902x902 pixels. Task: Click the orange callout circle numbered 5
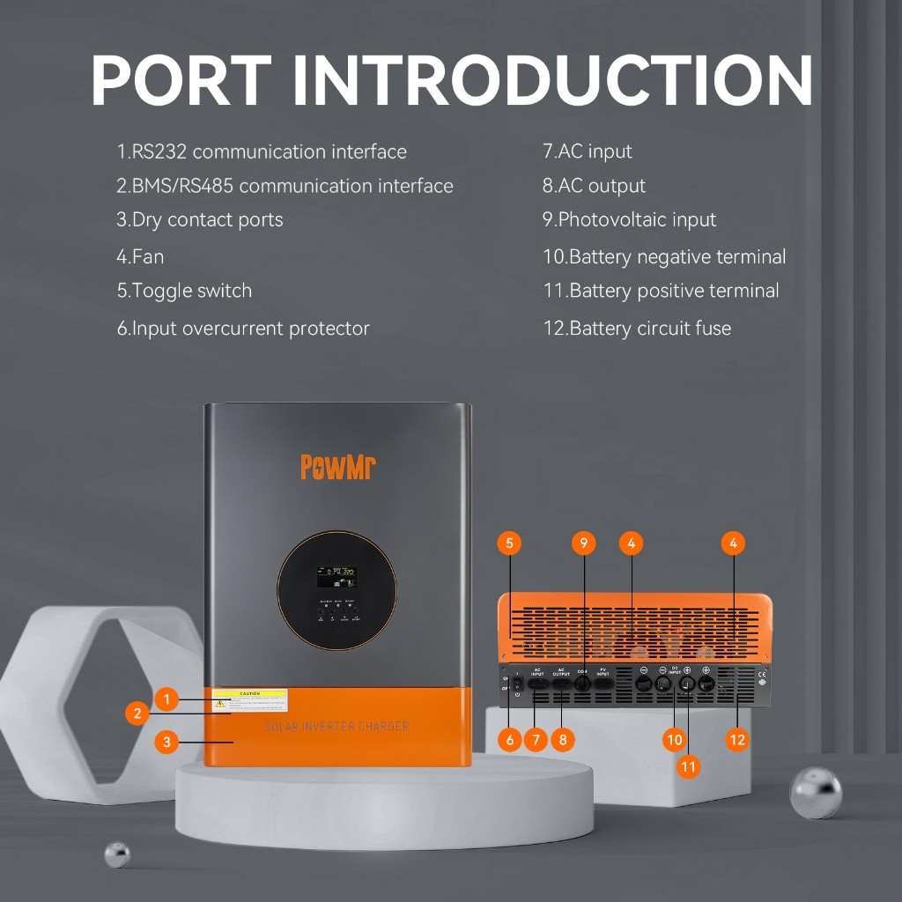point(509,543)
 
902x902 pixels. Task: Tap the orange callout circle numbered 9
point(584,543)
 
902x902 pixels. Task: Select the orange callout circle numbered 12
point(737,740)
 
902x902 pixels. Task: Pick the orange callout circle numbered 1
point(166,700)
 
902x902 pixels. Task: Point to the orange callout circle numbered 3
point(166,742)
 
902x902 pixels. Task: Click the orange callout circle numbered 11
point(688,766)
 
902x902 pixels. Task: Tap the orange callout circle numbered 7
point(536,740)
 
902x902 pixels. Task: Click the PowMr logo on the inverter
point(338,466)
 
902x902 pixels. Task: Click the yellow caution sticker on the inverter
point(249,700)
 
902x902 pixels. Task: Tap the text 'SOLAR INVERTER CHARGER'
point(336,726)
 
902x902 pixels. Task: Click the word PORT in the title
point(180,81)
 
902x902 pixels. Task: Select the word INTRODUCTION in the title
point(552,81)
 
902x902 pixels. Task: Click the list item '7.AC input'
point(587,152)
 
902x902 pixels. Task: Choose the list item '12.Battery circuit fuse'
point(636,329)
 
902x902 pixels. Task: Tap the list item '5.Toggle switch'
point(184,291)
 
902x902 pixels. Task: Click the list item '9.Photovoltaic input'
point(629,220)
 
